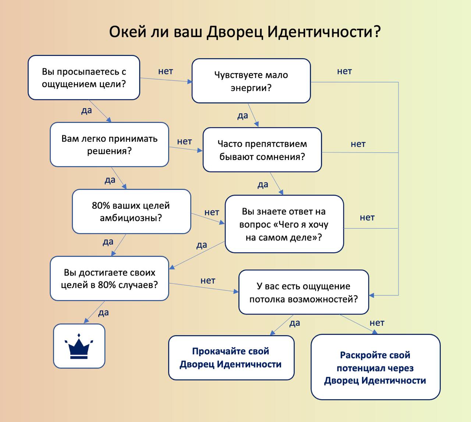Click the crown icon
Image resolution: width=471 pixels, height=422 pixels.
tap(79, 346)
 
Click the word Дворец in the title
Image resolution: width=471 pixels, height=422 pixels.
tap(235, 32)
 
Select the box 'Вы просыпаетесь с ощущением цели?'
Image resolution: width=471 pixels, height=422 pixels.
tap(84, 77)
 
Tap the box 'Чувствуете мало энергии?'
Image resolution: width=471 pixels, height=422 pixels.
tap(251, 81)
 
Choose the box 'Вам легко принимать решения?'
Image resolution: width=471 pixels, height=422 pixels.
tap(109, 144)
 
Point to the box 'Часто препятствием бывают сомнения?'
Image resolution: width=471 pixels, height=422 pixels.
tap(262, 150)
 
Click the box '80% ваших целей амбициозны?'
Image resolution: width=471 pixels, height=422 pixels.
tap(131, 211)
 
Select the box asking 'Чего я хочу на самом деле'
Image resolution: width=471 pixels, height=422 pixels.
tap(284, 224)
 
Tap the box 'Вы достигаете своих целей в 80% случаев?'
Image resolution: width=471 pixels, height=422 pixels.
tap(109, 278)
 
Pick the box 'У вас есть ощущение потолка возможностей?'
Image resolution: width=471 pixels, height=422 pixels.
tap(304, 292)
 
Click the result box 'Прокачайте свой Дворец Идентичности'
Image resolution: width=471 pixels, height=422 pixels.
tap(231, 358)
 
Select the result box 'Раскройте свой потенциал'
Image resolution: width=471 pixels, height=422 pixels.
tap(375, 367)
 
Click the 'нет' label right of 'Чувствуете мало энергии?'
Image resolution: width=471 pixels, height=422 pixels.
tap(344, 71)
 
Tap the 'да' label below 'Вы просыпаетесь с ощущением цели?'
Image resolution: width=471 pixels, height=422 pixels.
tap(86, 110)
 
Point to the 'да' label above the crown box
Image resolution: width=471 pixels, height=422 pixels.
tap(103, 312)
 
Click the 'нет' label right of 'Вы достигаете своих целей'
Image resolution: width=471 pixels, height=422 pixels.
tap(208, 281)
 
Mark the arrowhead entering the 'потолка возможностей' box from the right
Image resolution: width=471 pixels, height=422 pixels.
tap(372, 295)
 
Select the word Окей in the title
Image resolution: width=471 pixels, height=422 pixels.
tap(127, 32)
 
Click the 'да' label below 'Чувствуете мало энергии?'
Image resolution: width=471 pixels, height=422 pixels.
tap(243, 116)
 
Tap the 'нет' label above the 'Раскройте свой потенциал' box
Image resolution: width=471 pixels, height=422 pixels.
tap(377, 323)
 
